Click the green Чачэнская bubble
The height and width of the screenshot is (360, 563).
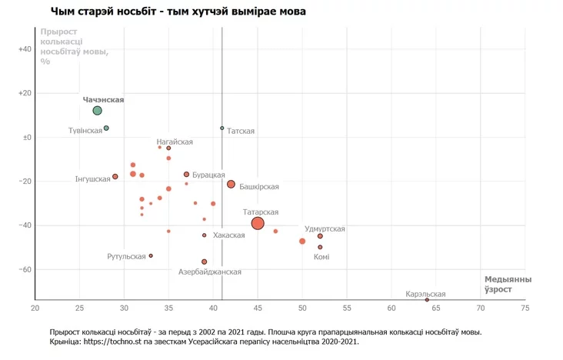pyautogui.click(x=98, y=111)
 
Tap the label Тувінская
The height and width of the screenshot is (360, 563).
pyautogui.click(x=85, y=131)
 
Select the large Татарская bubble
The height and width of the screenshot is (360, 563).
pyautogui.click(x=258, y=223)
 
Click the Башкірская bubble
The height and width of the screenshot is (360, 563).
pyautogui.click(x=231, y=184)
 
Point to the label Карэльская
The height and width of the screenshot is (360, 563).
pyautogui.click(x=425, y=295)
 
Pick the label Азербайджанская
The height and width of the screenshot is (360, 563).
pyautogui.click(x=210, y=272)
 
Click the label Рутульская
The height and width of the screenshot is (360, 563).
pyautogui.click(x=127, y=256)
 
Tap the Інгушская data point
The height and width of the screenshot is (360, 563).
pyautogui.click(x=115, y=176)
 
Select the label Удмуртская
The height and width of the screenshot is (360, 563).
pyautogui.click(x=325, y=229)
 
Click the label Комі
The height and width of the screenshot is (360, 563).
pyautogui.click(x=321, y=257)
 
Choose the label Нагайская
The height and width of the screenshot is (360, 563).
pyautogui.click(x=175, y=142)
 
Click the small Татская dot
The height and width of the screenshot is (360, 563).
pyautogui.click(x=222, y=128)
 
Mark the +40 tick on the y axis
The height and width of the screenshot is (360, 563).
pyautogui.click(x=24, y=49)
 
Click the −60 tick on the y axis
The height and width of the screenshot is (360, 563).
pyautogui.click(x=24, y=270)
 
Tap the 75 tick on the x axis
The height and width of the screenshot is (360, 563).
pyautogui.click(x=525, y=308)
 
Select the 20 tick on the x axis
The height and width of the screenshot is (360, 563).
pyautogui.click(x=35, y=308)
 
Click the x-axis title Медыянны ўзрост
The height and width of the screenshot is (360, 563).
pyautogui.click(x=508, y=284)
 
